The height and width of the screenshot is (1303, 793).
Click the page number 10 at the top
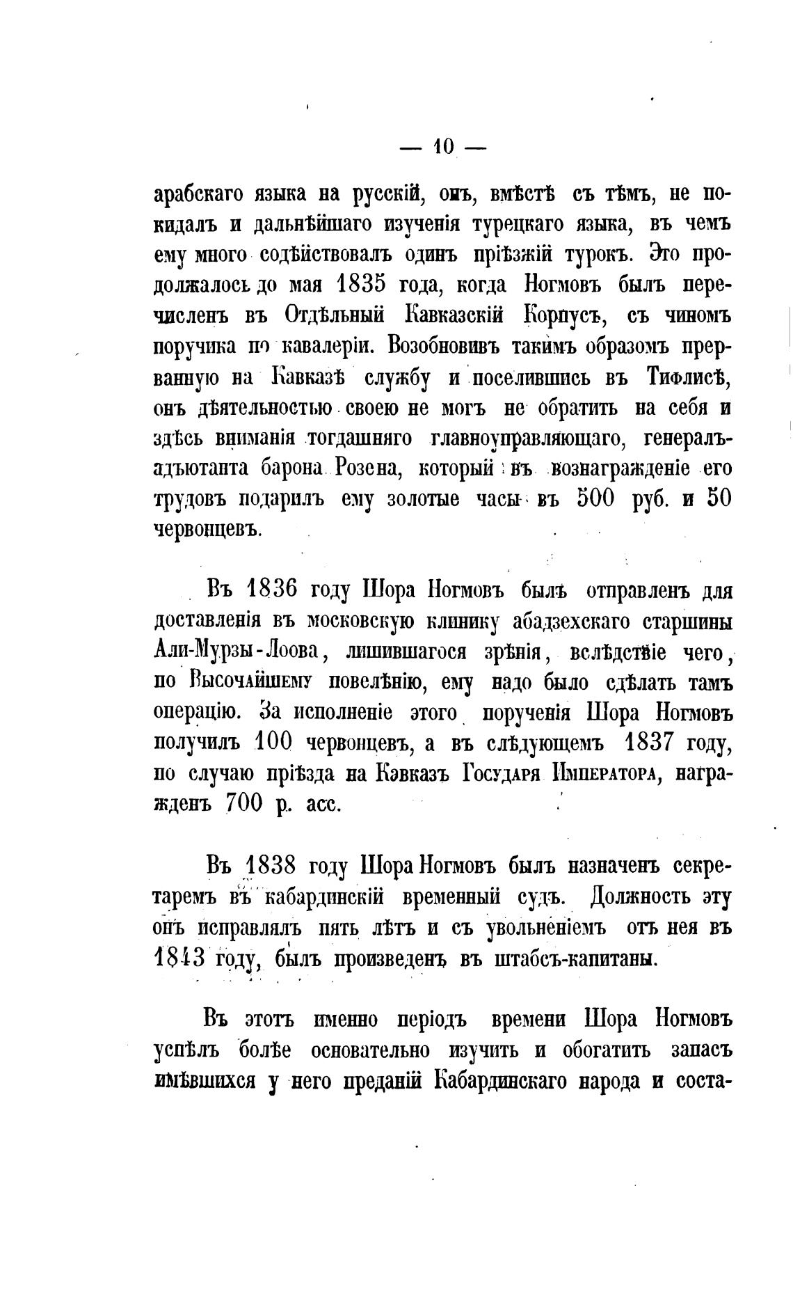[x=444, y=145]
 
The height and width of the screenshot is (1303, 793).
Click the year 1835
[x=362, y=285]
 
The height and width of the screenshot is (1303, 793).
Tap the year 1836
[x=272, y=589]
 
